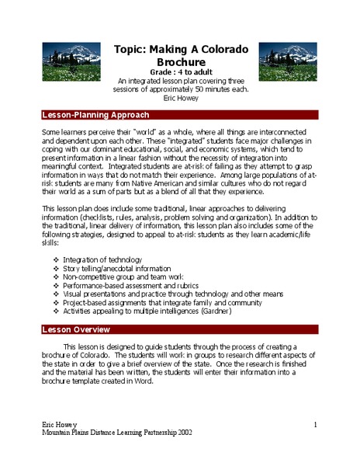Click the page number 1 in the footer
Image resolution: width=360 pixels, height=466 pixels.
coord(317,426)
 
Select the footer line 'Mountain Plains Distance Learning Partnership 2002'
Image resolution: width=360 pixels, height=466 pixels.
coord(117,434)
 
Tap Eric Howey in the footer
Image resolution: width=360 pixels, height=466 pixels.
coord(59,426)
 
